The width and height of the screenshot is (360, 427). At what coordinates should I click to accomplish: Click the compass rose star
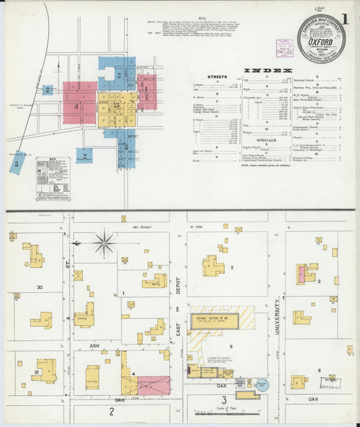point(104,243)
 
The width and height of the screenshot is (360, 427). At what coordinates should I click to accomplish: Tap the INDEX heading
point(267,70)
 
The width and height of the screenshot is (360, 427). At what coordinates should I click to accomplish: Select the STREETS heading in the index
point(217,77)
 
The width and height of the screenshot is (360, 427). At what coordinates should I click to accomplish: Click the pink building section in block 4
point(153,385)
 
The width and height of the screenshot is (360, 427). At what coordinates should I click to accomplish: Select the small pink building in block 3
point(302,274)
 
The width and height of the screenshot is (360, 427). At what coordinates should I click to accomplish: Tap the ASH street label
point(95,344)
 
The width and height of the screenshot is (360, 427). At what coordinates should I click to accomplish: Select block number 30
point(40,287)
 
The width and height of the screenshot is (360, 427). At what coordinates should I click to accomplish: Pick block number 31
point(36,371)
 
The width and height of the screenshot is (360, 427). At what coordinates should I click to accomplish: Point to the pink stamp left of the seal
point(284,48)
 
